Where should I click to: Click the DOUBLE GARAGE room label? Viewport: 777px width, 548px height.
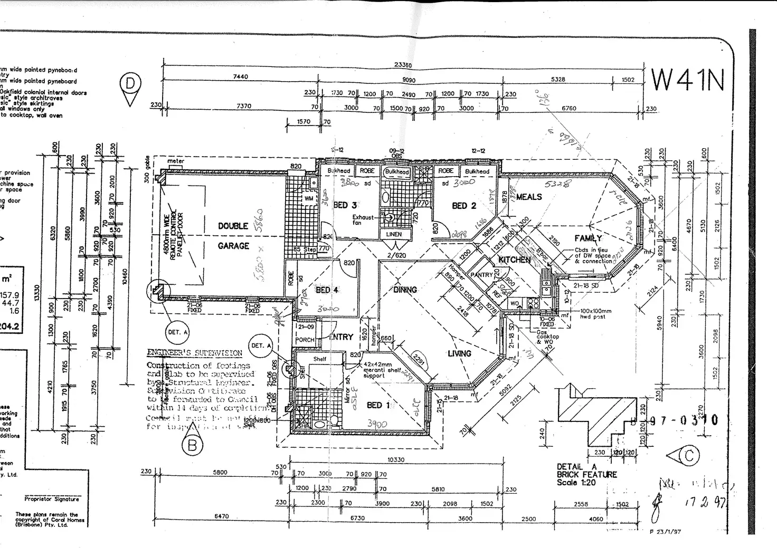pos(233,236)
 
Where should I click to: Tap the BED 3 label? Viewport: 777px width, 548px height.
pos(345,205)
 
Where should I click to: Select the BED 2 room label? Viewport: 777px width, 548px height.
pos(464,206)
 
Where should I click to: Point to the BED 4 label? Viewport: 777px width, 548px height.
pos(327,290)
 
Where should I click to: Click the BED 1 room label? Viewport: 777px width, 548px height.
pos(378,405)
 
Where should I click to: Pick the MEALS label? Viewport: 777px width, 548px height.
pos(529,197)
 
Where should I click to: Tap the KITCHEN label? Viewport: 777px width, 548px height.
pos(514,259)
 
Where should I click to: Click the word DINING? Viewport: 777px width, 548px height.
pos(405,290)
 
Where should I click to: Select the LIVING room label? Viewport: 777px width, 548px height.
pos(459,353)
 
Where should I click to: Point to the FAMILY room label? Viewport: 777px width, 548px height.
pos(588,238)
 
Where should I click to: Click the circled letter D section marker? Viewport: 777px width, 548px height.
pos(130,84)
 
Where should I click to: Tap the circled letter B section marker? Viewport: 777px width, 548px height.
pos(192,446)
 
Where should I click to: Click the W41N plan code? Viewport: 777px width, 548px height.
pos(687,80)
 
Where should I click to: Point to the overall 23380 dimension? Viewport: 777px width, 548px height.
pos(403,65)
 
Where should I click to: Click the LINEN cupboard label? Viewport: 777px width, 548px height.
pos(394,234)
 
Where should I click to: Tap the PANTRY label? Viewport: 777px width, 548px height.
pos(481,275)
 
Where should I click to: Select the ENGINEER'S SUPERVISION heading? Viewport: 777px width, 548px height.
pos(194,353)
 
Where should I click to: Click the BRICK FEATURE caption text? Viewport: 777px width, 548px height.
pos(586,475)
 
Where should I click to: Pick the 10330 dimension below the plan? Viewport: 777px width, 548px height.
pos(396,460)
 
